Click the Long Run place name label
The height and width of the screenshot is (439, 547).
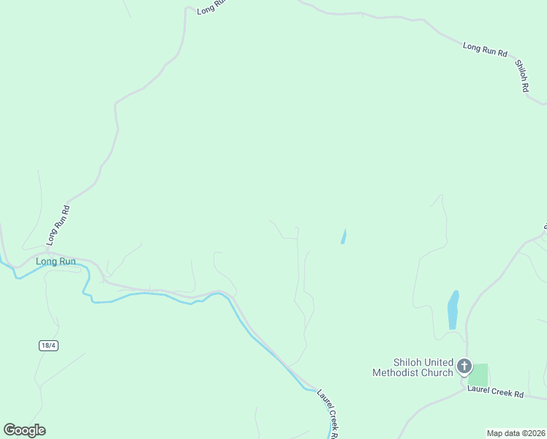56,261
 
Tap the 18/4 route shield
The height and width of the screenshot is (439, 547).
48,345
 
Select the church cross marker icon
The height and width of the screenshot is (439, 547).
464,366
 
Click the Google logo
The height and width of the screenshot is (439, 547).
24,430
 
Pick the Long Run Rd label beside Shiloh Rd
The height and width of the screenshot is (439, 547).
485,50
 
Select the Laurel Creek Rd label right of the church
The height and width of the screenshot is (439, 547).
497,394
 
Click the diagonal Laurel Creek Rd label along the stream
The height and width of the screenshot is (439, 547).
330,414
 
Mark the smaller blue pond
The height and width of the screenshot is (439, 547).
343,236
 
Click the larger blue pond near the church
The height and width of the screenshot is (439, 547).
453,309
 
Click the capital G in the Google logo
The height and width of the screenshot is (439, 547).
10,430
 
